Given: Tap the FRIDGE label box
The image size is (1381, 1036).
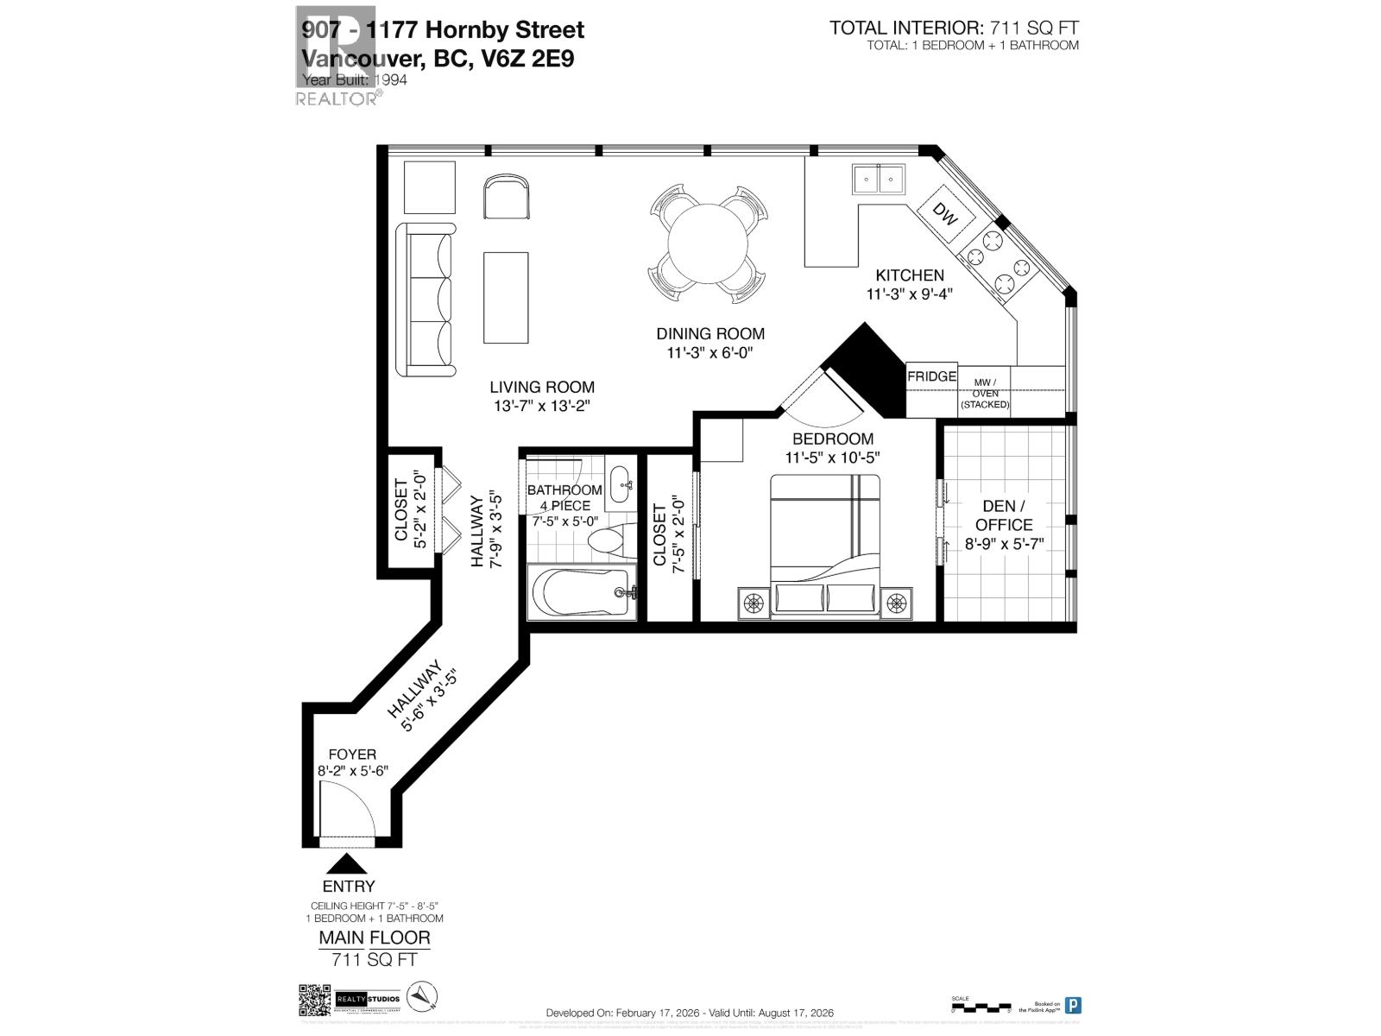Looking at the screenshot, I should coord(931,376).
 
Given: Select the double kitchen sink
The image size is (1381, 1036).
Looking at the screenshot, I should coord(879,180).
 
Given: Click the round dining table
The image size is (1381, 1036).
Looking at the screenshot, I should coord(708,243).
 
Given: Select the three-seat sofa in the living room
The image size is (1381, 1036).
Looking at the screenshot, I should coord(426,299).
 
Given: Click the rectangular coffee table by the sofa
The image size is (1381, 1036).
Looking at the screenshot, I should coord(506,297).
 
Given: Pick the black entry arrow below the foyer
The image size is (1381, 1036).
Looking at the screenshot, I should coord(347,862).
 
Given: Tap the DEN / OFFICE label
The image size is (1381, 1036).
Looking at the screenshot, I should coord(1004,515).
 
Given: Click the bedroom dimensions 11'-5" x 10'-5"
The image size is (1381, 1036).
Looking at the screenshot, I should coord(832,458).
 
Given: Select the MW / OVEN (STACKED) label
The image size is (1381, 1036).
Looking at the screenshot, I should coord(985,393).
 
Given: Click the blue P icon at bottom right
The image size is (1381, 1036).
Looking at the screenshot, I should coord(1073,1005).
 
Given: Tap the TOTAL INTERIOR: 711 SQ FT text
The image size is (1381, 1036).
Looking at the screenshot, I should coord(954,28).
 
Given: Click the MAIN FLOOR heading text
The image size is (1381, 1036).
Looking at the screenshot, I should coord(374,938).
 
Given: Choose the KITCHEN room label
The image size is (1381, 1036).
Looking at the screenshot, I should coord(910,275).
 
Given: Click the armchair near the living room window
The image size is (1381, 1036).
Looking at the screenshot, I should coord(507,197).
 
